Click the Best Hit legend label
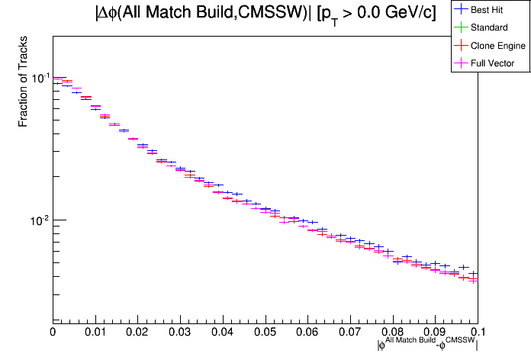pos(491,11)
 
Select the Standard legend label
pos(490,28)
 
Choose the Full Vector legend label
pos(493,63)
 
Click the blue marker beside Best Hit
pos(460,11)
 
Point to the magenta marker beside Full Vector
pos(460,63)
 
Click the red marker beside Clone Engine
pos(460,46)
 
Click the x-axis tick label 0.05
pos(265,333)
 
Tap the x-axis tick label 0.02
pos(137,333)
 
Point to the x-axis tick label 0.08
pos(392,333)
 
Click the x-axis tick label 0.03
pos(180,333)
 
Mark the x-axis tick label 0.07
pos(349,333)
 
